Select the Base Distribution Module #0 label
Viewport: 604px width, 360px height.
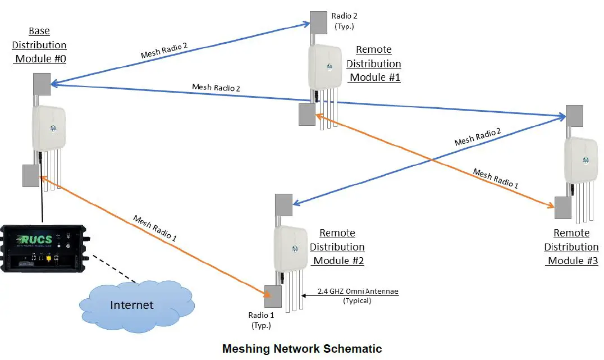click(x=39, y=45)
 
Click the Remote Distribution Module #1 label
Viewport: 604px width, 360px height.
click(x=373, y=63)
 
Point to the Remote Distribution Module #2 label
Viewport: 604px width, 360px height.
click(x=337, y=247)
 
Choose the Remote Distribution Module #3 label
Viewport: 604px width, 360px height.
click(x=571, y=247)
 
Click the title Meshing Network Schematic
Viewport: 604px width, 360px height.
click(x=302, y=349)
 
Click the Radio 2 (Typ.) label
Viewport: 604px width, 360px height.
click(x=343, y=21)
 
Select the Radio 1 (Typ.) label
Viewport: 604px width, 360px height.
click(x=261, y=320)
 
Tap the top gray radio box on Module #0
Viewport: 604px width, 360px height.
click(x=42, y=84)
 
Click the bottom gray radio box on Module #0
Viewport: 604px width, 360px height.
click(x=30, y=176)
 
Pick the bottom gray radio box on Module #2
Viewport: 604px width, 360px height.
click(x=273, y=297)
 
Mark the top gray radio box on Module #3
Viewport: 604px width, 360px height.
click(x=574, y=116)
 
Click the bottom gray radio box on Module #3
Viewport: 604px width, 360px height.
click(x=562, y=207)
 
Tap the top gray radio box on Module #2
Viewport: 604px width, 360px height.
click(x=283, y=205)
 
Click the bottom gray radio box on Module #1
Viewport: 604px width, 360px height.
click(x=306, y=114)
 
